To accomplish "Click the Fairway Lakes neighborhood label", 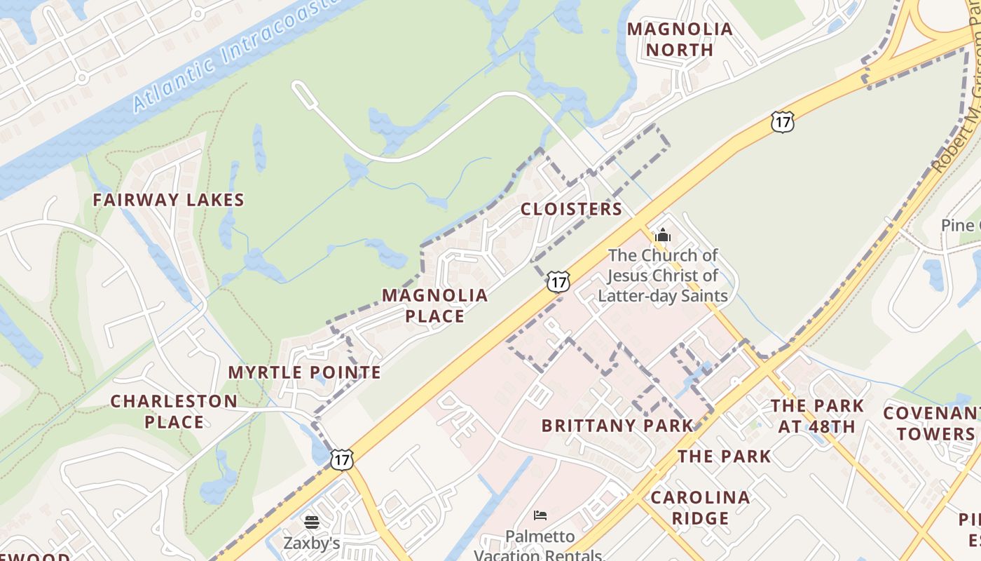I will tap(168, 200).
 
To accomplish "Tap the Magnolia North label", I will tap(680, 40).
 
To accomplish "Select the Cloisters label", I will tap(571, 209).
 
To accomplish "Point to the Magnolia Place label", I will tap(434, 306).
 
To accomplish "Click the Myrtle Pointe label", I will tap(305, 372).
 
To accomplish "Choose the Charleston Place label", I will tap(174, 412).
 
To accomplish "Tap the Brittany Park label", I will tap(617, 426).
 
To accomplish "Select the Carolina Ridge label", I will tap(700, 508).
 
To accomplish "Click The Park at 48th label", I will tap(817, 416).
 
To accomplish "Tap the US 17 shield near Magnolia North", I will tap(783, 122).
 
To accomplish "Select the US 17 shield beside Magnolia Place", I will tap(558, 282).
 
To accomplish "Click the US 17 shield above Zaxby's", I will tap(342, 459).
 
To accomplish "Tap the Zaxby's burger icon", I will tap(312, 522).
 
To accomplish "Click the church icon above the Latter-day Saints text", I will tap(663, 235).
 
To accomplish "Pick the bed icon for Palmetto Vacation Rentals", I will tap(540, 516).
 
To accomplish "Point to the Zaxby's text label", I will tap(312, 543).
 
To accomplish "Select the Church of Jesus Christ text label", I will tap(663, 276).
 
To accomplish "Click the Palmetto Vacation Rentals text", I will tap(538, 546).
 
